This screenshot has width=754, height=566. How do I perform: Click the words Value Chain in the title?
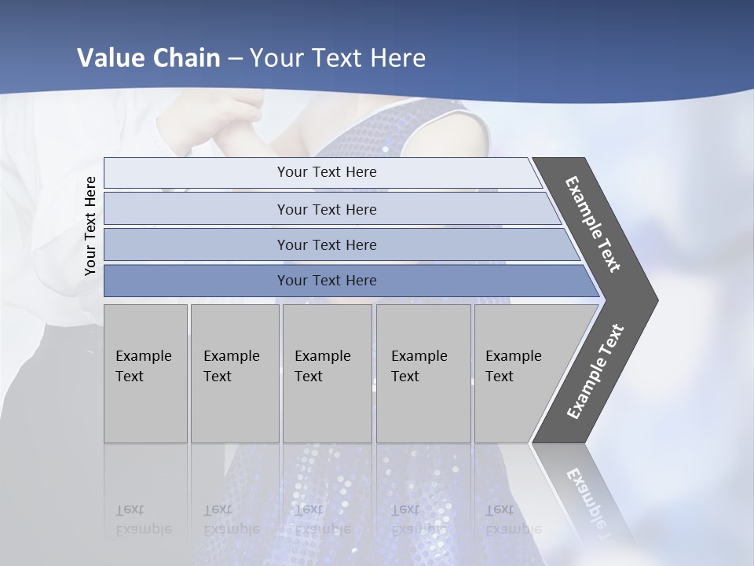point(148,58)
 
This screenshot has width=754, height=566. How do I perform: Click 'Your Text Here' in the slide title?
point(338,58)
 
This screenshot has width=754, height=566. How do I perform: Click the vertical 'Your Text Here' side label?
point(90,226)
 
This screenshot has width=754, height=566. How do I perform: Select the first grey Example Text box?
point(145,373)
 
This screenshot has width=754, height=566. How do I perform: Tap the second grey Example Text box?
point(235,373)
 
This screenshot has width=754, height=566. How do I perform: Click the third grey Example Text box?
point(327,373)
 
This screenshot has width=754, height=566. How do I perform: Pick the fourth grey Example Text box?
point(423,373)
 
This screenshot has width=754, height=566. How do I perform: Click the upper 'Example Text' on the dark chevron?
point(593,224)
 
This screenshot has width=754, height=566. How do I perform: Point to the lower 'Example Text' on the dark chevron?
point(595,372)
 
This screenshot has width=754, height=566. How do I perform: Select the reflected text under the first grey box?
point(143,520)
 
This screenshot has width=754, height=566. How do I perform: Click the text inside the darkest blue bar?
point(327,281)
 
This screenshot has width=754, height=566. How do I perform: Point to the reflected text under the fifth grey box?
point(513,520)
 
